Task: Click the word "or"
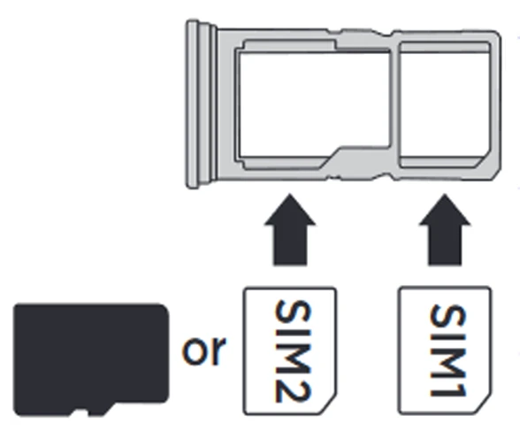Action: pos(204,350)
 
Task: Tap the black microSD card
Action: pos(91,359)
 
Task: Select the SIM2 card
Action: pos(290,351)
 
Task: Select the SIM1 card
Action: pos(445,350)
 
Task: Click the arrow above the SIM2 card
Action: pos(290,229)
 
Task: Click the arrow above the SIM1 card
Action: pos(445,229)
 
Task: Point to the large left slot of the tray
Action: pos(313,104)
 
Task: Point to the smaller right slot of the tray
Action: pos(445,104)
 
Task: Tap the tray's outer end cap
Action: pos(198,104)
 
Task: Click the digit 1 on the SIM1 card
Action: pos(448,387)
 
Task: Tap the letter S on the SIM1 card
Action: pos(448,317)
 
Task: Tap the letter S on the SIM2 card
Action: pos(294,312)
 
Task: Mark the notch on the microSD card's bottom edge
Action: pos(80,412)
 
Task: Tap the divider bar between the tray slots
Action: pos(394,104)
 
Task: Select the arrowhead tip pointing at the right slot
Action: pos(445,194)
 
